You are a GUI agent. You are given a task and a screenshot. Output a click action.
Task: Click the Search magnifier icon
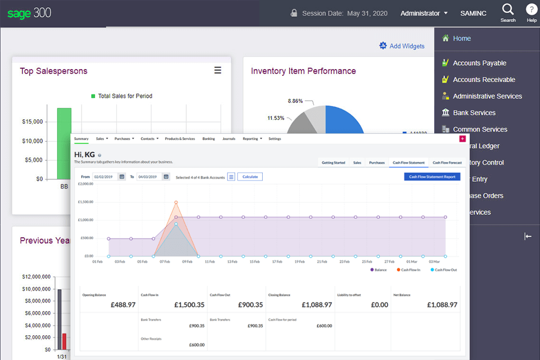pos(508,10)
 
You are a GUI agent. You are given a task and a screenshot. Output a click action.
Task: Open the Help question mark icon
pos(532,10)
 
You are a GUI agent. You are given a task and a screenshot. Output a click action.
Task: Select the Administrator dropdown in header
pos(424,13)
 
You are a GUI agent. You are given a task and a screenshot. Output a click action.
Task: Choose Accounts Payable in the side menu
pos(479,63)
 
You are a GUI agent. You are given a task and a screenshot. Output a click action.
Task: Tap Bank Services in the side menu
pos(474,112)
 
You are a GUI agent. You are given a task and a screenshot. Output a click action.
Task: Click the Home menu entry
pos(462,38)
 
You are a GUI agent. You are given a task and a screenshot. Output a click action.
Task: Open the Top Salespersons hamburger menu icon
pos(218,70)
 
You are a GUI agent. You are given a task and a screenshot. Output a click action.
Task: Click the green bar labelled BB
pos(64,143)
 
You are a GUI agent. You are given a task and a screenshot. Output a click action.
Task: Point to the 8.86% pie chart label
pos(295,101)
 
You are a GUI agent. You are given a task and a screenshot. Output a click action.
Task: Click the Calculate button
pos(250,177)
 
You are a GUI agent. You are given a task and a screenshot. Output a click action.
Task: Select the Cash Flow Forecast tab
pos(447,163)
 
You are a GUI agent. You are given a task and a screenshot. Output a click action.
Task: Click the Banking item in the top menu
pos(208,138)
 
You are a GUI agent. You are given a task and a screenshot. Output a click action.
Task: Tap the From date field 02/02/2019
pos(105,177)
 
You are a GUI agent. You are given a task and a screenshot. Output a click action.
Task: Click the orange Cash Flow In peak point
pos(176,202)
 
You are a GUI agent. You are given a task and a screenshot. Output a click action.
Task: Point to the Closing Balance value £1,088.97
pos(317,304)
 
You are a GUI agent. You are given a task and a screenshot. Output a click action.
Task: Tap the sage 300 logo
pos(29,12)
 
